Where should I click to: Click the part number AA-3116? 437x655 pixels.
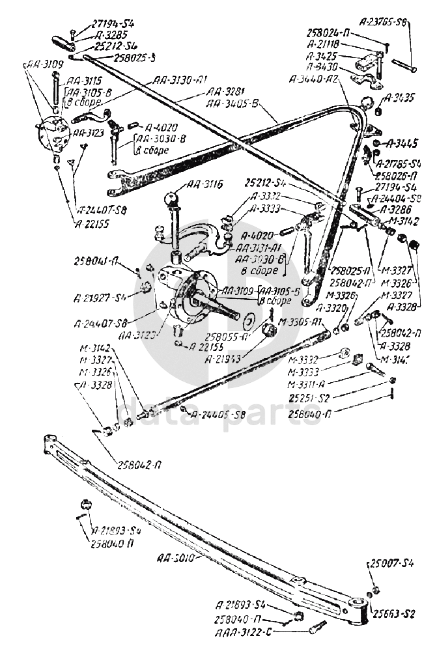coord(204,186)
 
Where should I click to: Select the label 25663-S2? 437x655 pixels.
coord(393,613)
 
